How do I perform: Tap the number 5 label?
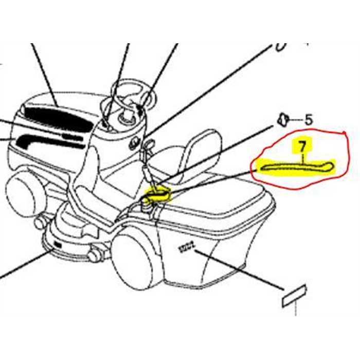tap(308, 120)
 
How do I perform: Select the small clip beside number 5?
tap(282, 119)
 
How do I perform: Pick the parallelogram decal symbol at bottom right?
tap(294, 295)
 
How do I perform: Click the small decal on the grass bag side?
tap(186, 247)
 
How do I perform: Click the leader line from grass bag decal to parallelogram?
tap(242, 270)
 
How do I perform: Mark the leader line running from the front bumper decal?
tap(26, 265)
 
